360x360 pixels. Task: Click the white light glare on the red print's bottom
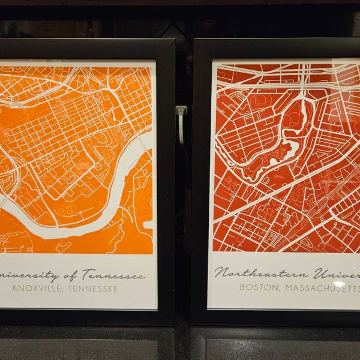[339, 284]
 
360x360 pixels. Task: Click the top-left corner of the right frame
[196, 41]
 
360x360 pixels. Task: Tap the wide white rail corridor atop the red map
[282, 72]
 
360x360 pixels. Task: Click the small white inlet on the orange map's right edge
[148, 224]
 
